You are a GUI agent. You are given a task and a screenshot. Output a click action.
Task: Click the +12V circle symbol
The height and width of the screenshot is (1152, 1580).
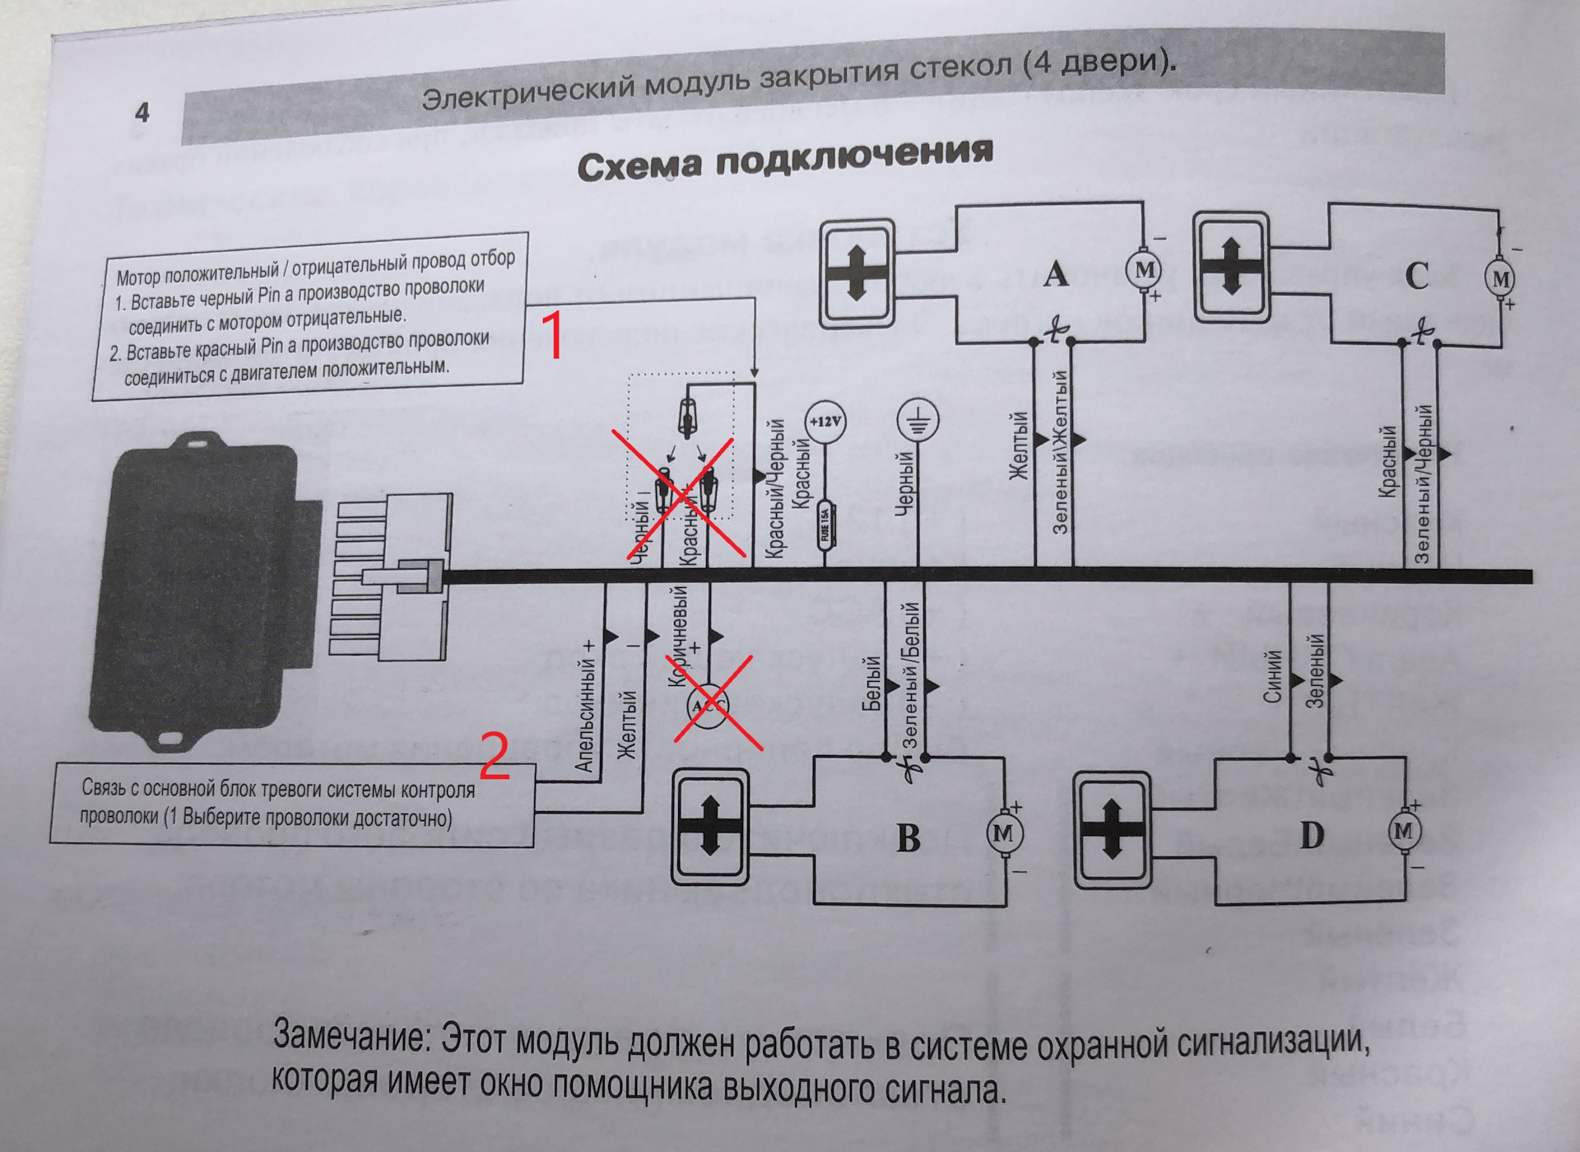825,422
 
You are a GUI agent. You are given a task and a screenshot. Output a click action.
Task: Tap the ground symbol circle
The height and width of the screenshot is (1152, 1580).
918,422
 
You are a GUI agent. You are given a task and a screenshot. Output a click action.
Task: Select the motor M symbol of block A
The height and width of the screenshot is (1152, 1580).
1143,269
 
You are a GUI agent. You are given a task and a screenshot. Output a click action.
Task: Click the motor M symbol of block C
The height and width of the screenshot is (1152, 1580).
1501,279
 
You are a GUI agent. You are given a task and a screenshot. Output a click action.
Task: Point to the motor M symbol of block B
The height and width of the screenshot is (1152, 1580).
1003,833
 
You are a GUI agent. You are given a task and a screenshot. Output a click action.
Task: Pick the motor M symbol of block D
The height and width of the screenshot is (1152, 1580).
1404,831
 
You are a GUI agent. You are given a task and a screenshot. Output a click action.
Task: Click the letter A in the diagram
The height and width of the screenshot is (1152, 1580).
1056,274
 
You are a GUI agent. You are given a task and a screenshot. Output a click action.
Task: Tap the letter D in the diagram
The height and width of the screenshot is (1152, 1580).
1312,835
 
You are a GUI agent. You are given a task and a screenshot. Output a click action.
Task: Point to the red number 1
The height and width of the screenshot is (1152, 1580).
554,335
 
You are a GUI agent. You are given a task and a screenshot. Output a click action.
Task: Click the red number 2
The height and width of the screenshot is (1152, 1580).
494,757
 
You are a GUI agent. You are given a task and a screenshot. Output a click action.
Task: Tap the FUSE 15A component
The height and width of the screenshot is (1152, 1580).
825,527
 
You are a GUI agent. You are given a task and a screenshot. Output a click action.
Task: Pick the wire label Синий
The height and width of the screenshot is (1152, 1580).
1273,677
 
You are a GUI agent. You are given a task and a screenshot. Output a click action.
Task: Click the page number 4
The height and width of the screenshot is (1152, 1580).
142,112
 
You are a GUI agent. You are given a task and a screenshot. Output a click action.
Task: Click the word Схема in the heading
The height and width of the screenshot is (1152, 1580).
639,165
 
